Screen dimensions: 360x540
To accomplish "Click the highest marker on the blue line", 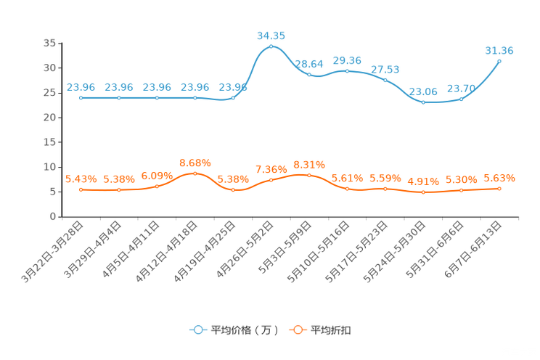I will click(x=271, y=46).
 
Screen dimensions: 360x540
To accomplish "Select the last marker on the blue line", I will click(x=499, y=61).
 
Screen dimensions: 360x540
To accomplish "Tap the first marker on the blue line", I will click(x=81, y=98).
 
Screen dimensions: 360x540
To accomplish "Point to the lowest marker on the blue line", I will click(x=423, y=103).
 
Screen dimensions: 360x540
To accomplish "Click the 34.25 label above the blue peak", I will click(x=271, y=34).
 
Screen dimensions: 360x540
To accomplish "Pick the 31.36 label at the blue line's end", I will click(x=499, y=50).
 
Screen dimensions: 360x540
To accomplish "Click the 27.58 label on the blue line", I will click(x=385, y=69).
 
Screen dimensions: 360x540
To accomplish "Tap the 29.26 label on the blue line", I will click(x=347, y=60).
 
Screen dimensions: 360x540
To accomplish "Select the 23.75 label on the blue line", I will click(x=461, y=88).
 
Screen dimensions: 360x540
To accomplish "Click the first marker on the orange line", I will click(x=81, y=190).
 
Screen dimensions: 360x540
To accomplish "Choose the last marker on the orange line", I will click(x=499, y=189).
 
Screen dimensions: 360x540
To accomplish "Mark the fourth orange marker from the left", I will click(x=195, y=173).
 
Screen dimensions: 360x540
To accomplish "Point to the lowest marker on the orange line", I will click(x=423, y=192).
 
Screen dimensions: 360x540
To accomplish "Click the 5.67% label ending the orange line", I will click(x=499, y=178).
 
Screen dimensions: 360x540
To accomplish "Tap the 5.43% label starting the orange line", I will click(x=81, y=179).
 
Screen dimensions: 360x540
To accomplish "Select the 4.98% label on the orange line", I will click(x=423, y=181).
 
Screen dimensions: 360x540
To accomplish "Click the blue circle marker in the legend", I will click(x=198, y=330).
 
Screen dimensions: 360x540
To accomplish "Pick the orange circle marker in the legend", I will click(x=298, y=330).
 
